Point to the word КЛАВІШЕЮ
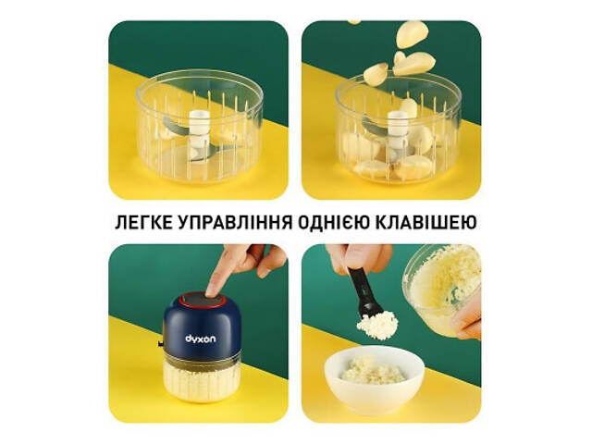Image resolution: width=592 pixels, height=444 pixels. (436, 223)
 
